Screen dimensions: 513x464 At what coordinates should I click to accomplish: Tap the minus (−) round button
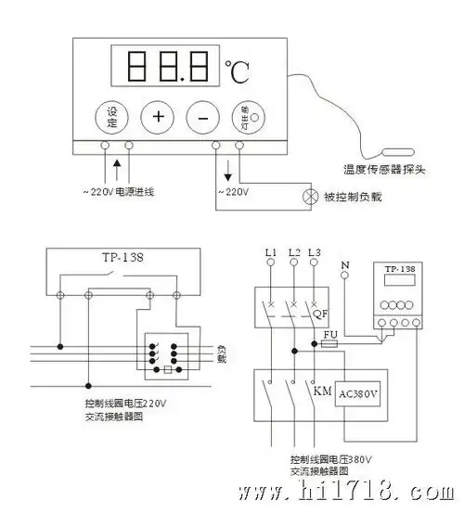point(202,116)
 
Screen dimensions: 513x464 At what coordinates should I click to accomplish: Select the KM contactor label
point(322,392)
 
